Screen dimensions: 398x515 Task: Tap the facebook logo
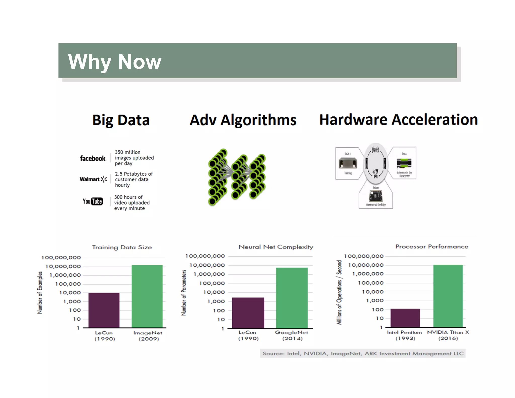tap(93, 158)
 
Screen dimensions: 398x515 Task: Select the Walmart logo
tap(93, 179)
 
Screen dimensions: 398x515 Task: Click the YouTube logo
tap(93, 201)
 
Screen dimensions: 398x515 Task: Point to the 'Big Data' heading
tap(121, 120)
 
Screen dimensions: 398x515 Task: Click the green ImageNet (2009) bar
tap(147, 296)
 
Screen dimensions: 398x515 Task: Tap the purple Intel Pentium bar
tap(405, 318)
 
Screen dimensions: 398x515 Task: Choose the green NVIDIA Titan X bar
tap(448, 296)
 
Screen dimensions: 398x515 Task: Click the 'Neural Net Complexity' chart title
tap(276, 247)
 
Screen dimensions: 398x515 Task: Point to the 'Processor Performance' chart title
tap(432, 247)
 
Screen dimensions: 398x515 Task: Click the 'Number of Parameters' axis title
tap(184, 293)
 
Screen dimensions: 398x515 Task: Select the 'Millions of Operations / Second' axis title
tap(339, 292)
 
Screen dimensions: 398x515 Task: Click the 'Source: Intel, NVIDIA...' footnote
tap(363, 353)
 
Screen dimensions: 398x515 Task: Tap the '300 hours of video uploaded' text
tap(132, 203)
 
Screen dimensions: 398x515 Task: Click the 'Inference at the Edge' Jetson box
tap(376, 197)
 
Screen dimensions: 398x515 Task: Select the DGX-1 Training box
tap(348, 163)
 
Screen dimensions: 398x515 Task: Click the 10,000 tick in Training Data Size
tap(70, 293)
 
